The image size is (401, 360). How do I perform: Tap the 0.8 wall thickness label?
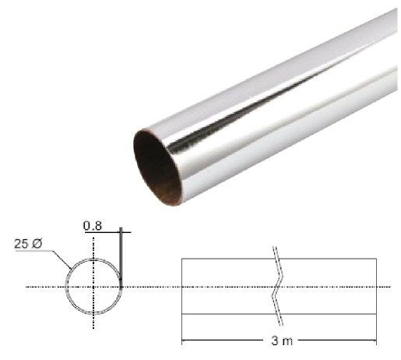click(x=93, y=226)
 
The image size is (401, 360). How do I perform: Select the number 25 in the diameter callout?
click(x=21, y=244)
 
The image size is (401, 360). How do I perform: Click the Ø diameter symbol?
click(x=36, y=244)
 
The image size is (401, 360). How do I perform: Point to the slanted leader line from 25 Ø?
click(x=62, y=260)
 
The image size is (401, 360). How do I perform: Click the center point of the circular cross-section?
click(x=93, y=287)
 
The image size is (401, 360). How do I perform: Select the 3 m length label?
click(x=282, y=341)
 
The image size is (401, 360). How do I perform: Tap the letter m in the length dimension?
click(x=288, y=341)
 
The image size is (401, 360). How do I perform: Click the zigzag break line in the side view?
click(x=277, y=286)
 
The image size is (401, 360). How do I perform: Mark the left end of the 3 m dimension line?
click(x=182, y=341)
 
